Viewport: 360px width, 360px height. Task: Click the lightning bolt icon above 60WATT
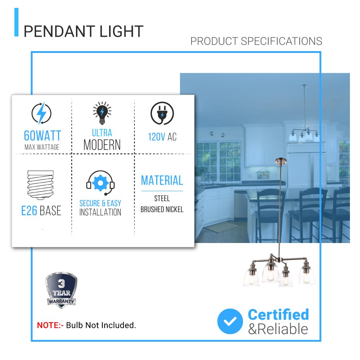42,114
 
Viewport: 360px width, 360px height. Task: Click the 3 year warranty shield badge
61,291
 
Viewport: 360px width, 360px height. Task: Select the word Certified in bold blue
278,314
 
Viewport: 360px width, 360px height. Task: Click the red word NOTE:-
50,325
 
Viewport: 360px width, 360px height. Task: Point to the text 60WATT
42,136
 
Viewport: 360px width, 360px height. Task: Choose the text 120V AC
162,137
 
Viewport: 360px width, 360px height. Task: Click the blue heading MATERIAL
162,180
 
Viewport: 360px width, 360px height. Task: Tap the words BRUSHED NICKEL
162,209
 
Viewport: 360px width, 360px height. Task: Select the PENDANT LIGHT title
84,31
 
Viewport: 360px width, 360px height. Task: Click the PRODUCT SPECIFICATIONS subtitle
256,41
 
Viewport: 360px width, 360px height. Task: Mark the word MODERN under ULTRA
102,145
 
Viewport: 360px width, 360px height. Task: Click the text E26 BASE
41,211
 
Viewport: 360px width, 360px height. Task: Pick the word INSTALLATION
100,212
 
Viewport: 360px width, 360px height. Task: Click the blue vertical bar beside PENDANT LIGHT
16,22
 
